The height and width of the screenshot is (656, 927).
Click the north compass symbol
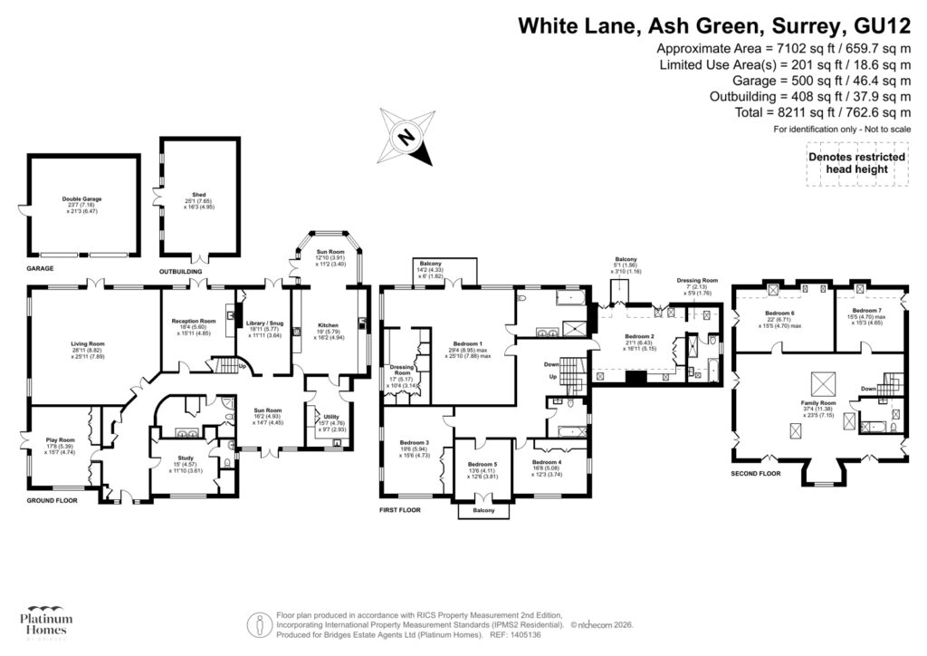[407, 138]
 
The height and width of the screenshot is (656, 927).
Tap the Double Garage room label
[81, 198]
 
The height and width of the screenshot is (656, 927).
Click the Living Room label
[89, 343]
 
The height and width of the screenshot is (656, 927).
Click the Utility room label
[323, 417]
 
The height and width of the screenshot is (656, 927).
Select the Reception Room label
[195, 321]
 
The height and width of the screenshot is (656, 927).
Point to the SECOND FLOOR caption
[756, 473]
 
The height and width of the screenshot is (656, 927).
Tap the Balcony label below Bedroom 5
[483, 511]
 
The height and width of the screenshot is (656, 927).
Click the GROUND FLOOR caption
[52, 499]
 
